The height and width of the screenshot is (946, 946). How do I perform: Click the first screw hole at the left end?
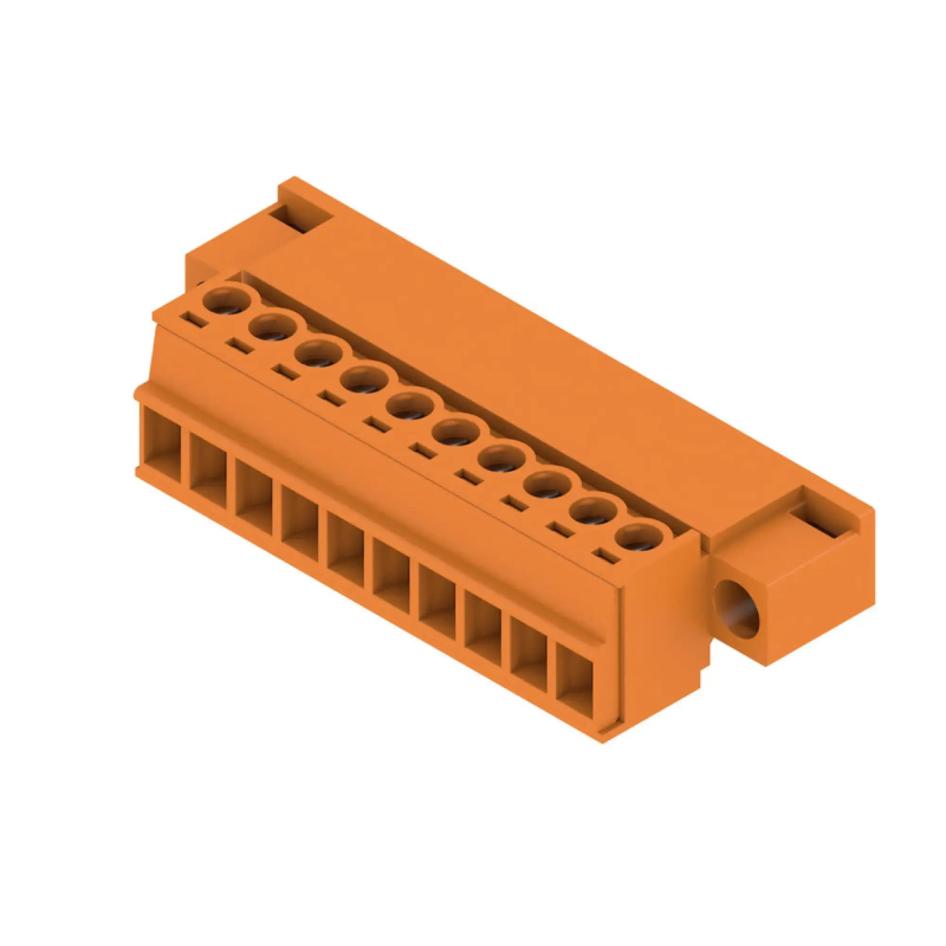click(x=227, y=300)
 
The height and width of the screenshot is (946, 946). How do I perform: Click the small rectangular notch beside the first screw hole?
click(x=193, y=319)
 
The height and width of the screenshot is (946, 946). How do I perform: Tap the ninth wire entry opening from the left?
click(x=528, y=654)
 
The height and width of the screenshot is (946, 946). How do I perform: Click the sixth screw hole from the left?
click(x=456, y=432)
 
